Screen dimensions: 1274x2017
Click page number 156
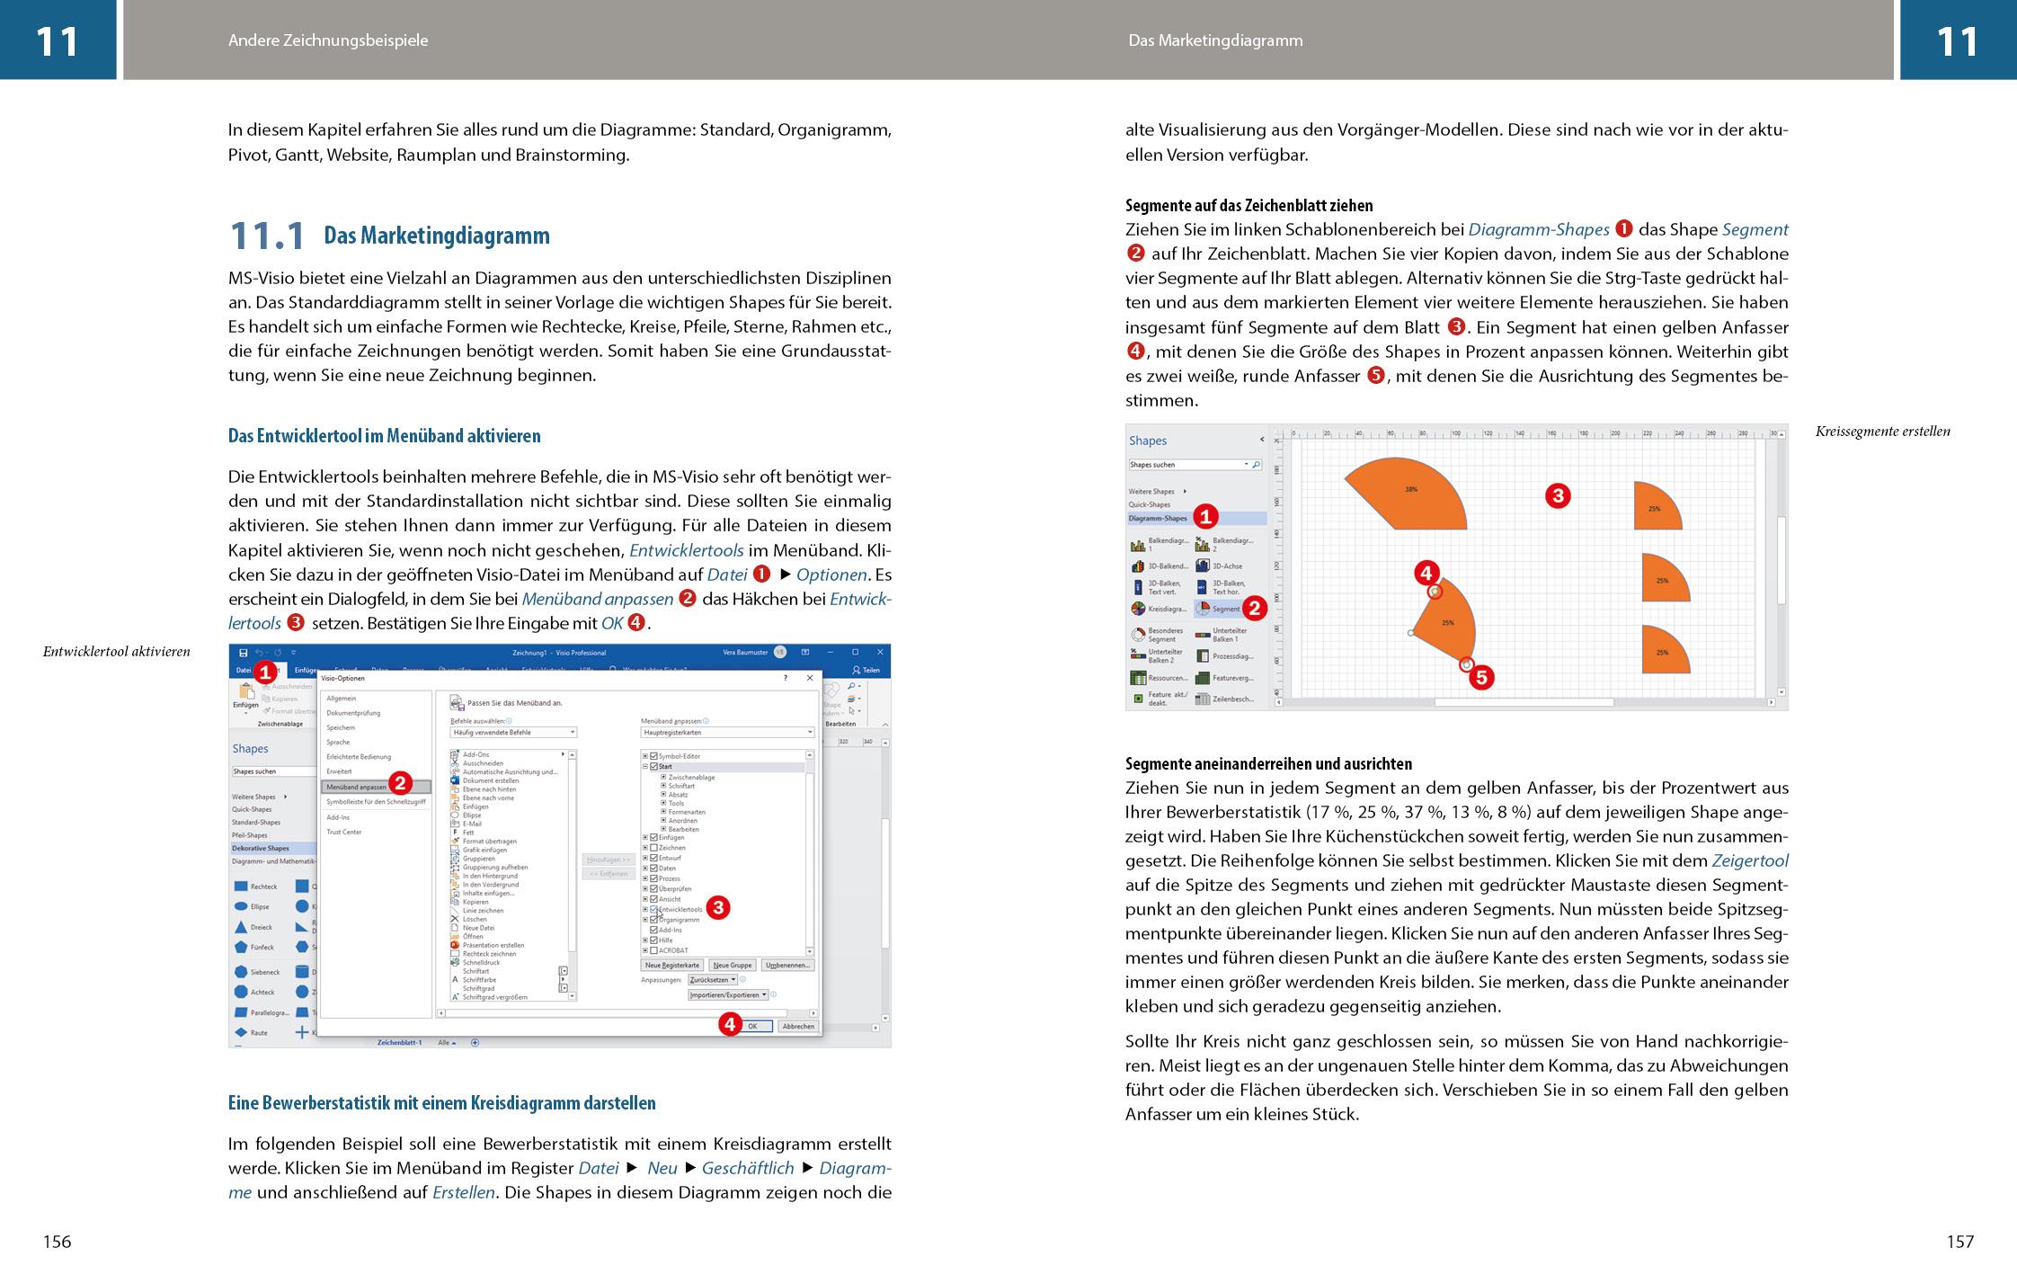pyautogui.click(x=57, y=1242)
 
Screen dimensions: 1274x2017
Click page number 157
pyautogui.click(x=1959, y=1242)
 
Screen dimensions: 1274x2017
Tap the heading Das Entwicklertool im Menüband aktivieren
pyautogui.click(x=384, y=436)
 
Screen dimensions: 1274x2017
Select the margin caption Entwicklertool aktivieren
pyautogui.click(x=116, y=652)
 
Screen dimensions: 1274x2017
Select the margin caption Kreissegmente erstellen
pyautogui.click(x=1882, y=432)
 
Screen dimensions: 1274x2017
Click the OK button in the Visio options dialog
pyautogui.click(x=753, y=1026)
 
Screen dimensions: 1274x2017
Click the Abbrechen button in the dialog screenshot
pyautogui.click(x=797, y=1026)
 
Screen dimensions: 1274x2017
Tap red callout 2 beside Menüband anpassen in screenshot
pyautogui.click(x=400, y=783)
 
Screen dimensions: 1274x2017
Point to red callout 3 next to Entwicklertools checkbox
pyautogui.click(x=717, y=907)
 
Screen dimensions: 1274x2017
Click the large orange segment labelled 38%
pyautogui.click(x=1411, y=494)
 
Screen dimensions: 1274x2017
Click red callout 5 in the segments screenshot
pyautogui.click(x=1480, y=677)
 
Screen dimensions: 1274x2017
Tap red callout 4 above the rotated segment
pyautogui.click(x=1426, y=573)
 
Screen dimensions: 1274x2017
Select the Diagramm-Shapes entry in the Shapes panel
pyautogui.click(x=1159, y=518)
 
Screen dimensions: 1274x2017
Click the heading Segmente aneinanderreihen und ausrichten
pyautogui.click(x=1281, y=764)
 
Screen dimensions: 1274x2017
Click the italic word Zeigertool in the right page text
pyautogui.click(x=1749, y=861)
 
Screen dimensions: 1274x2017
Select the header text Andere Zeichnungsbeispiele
pyautogui.click(x=328, y=40)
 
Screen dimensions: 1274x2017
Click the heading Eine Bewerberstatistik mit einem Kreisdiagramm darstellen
pyautogui.click(x=441, y=1103)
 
